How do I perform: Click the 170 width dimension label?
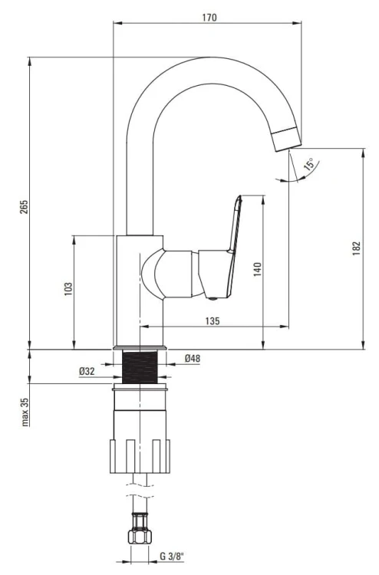209,17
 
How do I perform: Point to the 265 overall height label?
24,207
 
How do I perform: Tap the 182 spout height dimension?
356,248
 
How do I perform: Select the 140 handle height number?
258,269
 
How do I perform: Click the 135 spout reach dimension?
213,321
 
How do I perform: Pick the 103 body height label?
68,289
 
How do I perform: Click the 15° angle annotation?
309,165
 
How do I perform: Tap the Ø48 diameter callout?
193,358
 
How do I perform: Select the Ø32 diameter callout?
87,371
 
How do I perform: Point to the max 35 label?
25,412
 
